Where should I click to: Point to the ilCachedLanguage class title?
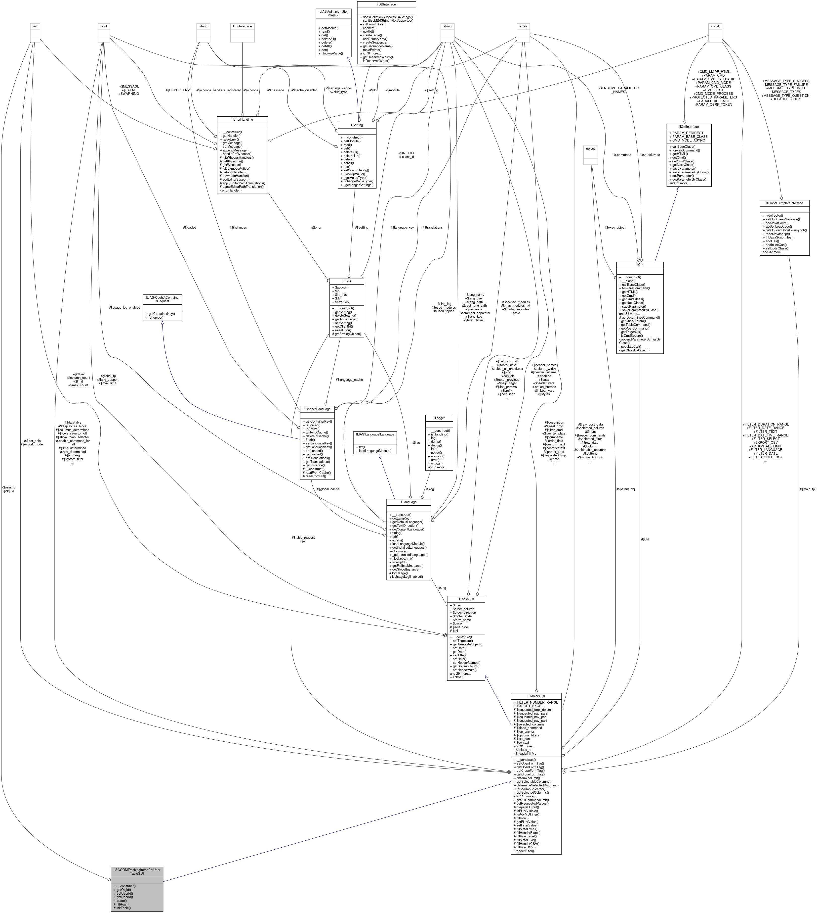(317, 409)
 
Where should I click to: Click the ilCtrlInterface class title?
(689, 127)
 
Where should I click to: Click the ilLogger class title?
(439, 418)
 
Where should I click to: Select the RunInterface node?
(243, 26)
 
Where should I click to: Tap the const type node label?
(715, 26)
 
